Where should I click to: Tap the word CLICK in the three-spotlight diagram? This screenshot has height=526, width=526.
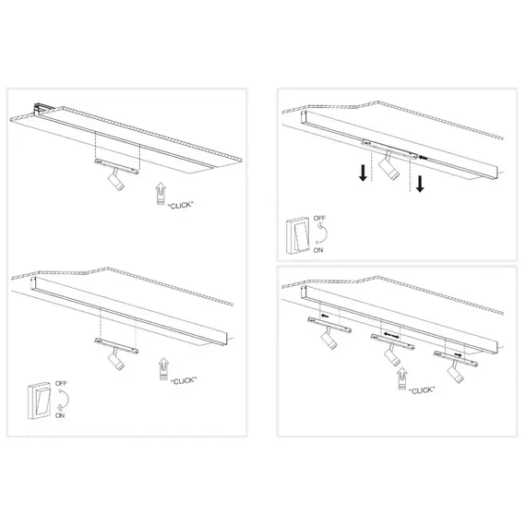tap(422, 390)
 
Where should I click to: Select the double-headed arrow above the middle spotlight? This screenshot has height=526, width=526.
tap(391, 335)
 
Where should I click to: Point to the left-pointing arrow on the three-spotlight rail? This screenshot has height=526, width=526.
tap(325, 316)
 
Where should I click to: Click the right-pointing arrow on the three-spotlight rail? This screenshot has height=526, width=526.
tap(458, 354)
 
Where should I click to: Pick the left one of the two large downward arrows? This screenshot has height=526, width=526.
tap(363, 173)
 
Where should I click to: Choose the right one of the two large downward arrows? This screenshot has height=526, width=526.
tap(420, 184)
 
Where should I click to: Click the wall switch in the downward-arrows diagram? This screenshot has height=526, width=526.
tap(297, 234)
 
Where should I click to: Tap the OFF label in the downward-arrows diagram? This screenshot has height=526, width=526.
tap(319, 218)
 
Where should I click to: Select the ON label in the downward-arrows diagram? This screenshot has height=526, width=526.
tap(318, 250)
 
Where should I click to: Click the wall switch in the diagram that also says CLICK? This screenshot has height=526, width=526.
tap(39, 400)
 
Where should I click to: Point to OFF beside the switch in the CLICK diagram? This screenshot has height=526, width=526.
tap(62, 383)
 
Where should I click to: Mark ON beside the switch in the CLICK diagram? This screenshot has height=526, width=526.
tap(60, 415)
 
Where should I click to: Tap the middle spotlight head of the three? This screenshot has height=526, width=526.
tap(392, 357)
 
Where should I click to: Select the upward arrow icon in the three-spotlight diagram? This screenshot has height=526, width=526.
tap(402, 378)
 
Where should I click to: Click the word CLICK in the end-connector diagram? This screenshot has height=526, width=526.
tap(181, 205)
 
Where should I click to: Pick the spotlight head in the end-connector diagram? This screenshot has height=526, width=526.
tap(115, 182)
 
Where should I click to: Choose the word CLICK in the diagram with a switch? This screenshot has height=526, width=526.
tap(183, 381)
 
